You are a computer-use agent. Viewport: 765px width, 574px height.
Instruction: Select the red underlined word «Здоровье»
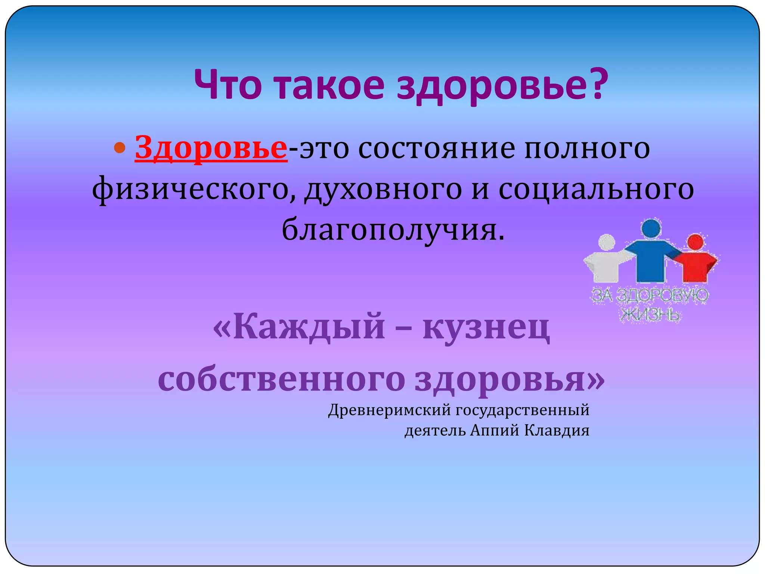[x=211, y=148]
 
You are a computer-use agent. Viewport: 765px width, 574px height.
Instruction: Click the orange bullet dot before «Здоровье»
[x=120, y=148]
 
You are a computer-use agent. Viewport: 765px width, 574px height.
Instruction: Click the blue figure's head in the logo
[x=651, y=228]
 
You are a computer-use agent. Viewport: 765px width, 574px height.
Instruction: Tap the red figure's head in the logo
[x=695, y=242]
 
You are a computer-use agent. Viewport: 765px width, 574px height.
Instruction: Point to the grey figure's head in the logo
[x=607, y=243]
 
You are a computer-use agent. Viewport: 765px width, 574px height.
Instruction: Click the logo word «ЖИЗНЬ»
[x=650, y=315]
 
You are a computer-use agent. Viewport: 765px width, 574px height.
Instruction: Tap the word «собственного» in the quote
[x=281, y=379]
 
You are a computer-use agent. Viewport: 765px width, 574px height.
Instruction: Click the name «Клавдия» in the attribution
[x=557, y=430]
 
